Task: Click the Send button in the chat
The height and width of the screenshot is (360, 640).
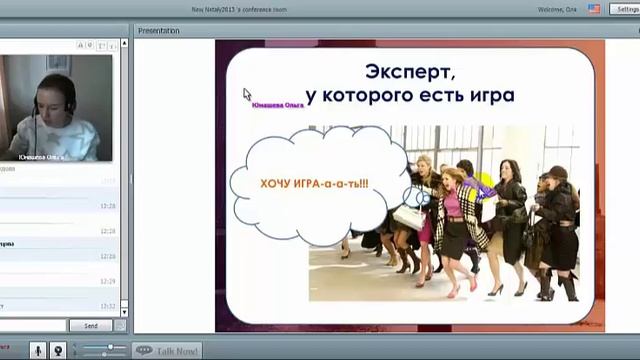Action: tap(91, 326)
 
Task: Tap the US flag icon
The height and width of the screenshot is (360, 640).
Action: tap(594, 8)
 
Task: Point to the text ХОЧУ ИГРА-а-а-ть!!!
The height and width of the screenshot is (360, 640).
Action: tap(314, 184)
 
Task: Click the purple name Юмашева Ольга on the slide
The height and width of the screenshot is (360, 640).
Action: tap(279, 103)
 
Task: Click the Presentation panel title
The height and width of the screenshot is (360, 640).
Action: tap(159, 31)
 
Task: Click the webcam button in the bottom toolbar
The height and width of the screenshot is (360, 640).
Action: tap(59, 350)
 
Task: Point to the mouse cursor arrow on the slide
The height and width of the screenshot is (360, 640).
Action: tap(247, 94)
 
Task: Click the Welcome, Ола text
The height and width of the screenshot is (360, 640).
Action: tap(557, 8)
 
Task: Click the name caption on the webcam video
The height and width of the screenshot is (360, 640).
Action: tap(41, 157)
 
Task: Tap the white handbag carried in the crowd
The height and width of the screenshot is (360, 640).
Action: tap(408, 216)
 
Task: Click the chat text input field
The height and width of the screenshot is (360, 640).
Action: tap(34, 326)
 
